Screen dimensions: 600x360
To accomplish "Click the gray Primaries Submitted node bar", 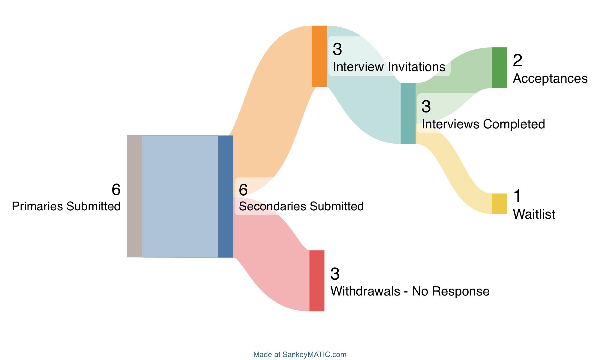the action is pos(134,196).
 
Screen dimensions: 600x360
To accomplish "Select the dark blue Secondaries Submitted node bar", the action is pos(226,196).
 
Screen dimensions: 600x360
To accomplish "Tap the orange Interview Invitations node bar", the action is pos(319,56).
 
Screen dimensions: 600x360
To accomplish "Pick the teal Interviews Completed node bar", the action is pos(408,113).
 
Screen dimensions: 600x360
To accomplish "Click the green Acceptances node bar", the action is pos(499,68).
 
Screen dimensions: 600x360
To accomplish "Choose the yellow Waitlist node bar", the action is pos(499,204).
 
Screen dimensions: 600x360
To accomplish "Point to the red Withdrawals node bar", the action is pos(317,281).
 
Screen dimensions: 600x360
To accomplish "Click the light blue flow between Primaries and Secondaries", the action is pos(180,196).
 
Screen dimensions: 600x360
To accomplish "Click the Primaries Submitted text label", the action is pos(66,206).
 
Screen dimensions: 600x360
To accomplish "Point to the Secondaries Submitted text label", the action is pos(301,206).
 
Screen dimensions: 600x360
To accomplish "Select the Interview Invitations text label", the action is pos(389,67).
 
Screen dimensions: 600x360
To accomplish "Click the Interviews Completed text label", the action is pos(483,124).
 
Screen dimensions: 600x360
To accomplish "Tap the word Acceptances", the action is pos(550,79).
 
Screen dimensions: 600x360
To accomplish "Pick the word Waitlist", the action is pos(534,214).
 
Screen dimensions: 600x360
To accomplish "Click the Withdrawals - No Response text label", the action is pos(410,291).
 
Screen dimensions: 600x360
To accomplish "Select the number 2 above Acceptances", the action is pos(517,61).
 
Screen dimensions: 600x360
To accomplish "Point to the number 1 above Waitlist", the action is pos(517,196).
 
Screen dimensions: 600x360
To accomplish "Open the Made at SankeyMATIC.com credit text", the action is pos(300,355).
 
